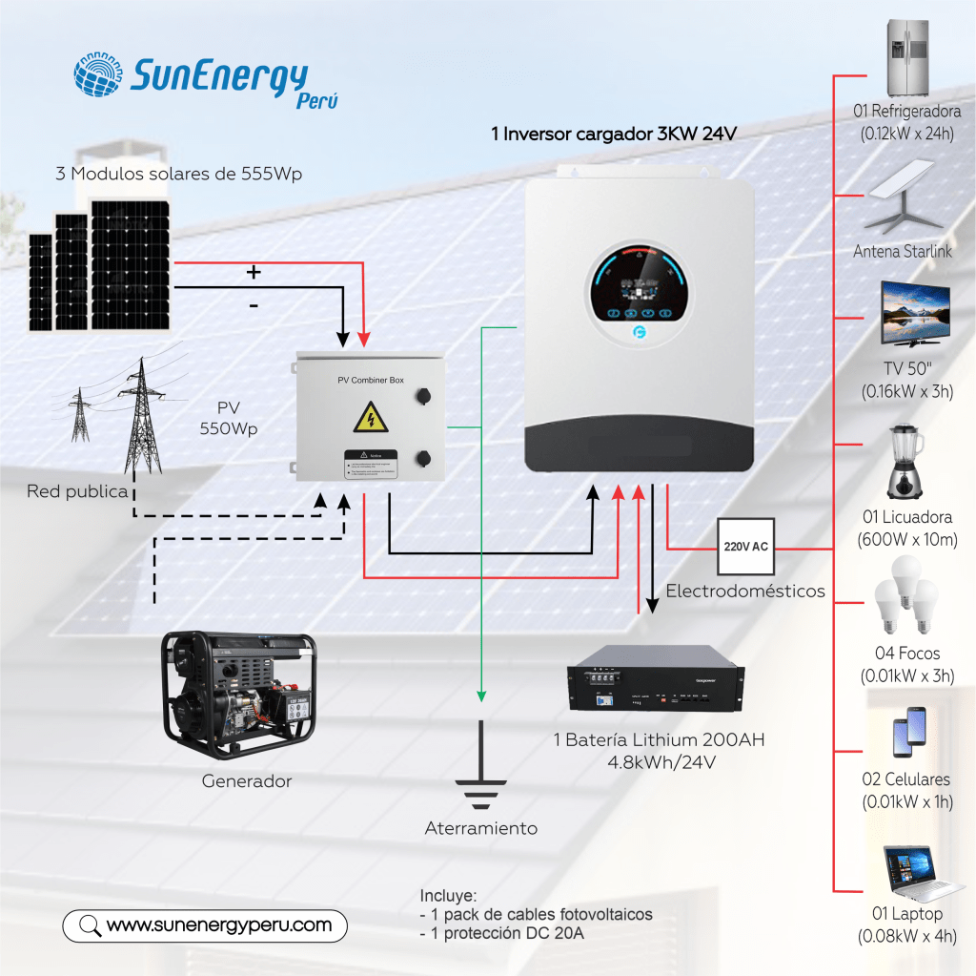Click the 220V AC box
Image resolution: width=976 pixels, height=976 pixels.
[746, 547]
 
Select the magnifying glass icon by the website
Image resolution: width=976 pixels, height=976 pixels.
[90, 925]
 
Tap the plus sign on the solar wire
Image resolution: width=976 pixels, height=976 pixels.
[254, 272]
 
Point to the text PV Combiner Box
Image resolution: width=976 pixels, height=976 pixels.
[371, 380]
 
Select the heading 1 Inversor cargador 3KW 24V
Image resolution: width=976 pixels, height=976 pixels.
[614, 135]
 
